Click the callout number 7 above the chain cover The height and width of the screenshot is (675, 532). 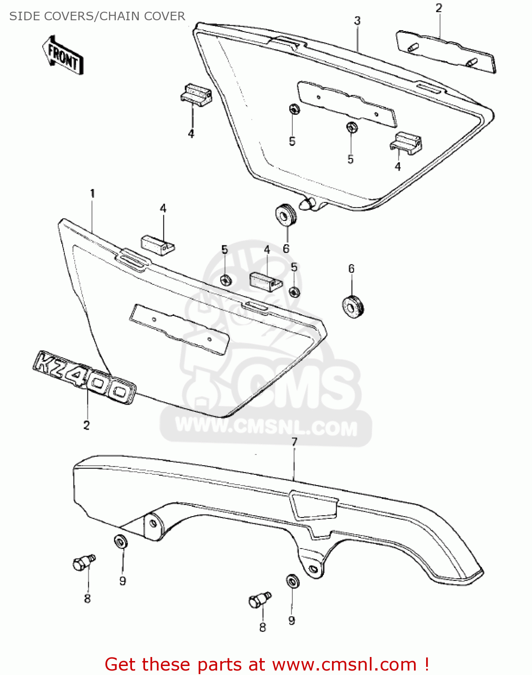point(294,442)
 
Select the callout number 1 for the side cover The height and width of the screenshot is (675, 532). point(92,194)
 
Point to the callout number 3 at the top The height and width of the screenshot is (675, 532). point(357,21)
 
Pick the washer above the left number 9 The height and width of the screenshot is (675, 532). point(121,541)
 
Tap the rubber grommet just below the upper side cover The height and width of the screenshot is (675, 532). point(286,215)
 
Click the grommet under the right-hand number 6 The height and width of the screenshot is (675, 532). point(352,306)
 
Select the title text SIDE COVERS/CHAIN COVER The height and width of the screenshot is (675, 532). point(97,16)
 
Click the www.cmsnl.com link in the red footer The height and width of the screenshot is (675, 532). point(345,664)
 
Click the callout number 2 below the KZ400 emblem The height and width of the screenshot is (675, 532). point(86,425)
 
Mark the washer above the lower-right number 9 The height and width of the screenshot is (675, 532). point(292,581)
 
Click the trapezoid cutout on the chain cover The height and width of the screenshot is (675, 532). point(314,505)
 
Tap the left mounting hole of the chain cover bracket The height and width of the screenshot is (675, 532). point(153,524)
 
